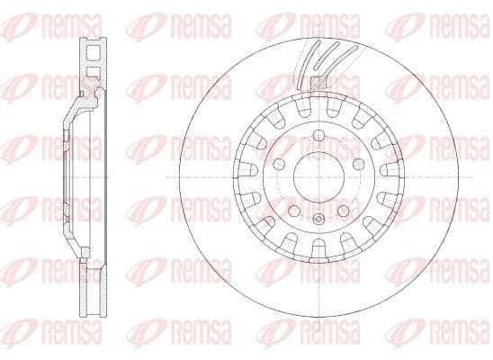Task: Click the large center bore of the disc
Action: (x=318, y=177)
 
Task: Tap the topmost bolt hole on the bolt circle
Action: (x=318, y=135)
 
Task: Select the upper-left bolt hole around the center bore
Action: (x=279, y=164)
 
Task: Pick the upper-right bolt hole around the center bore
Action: (x=358, y=164)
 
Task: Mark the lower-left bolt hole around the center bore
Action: (x=294, y=211)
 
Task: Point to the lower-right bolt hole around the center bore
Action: (x=343, y=211)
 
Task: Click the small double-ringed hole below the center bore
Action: (x=318, y=219)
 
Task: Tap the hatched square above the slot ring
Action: (x=318, y=83)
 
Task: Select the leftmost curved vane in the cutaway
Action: (x=307, y=64)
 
